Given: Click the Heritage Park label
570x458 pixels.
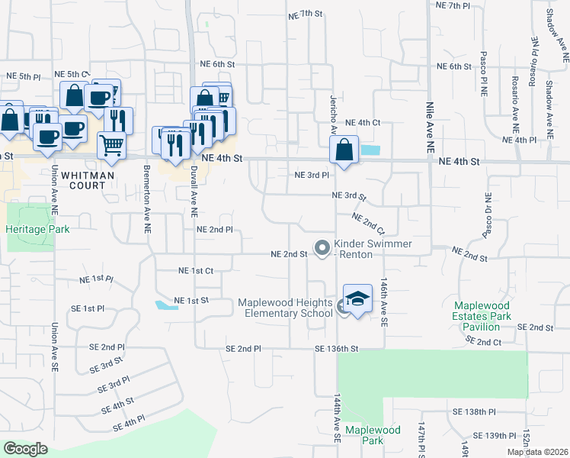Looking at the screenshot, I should (37, 229).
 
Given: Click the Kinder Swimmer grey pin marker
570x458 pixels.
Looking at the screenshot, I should (322, 247).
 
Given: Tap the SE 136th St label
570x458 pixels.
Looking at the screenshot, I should (336, 349).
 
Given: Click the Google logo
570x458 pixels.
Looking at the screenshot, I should (25, 448).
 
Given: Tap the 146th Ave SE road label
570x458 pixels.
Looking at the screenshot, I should (385, 303).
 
